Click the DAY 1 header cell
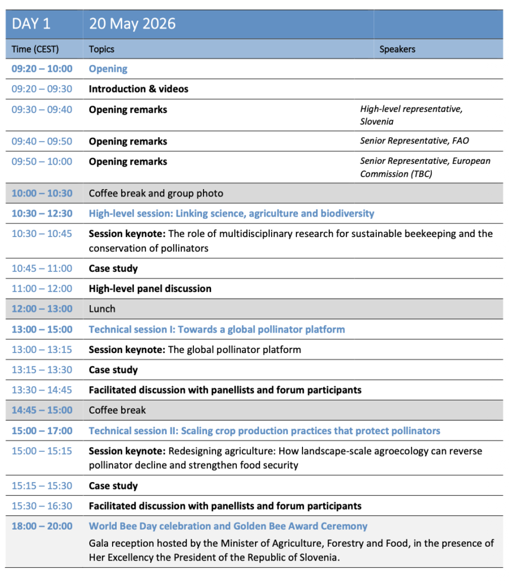(x=31, y=24)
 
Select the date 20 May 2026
(x=132, y=24)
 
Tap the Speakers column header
(x=397, y=49)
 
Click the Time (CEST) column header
(x=35, y=49)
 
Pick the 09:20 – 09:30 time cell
(x=42, y=89)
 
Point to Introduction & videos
(x=138, y=89)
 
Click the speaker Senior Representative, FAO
(x=414, y=141)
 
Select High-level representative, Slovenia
(x=411, y=115)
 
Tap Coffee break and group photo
(x=156, y=193)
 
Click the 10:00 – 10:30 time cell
(x=42, y=193)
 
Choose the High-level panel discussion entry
(x=150, y=289)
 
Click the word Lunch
(x=102, y=308)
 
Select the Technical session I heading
(x=217, y=329)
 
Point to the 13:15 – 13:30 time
(x=42, y=370)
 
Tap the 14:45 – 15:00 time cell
(x=42, y=410)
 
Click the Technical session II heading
(x=264, y=431)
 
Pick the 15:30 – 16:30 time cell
(x=42, y=506)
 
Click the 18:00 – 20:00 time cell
(x=42, y=526)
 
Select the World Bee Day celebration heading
(x=228, y=526)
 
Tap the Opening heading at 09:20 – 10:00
(x=108, y=69)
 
